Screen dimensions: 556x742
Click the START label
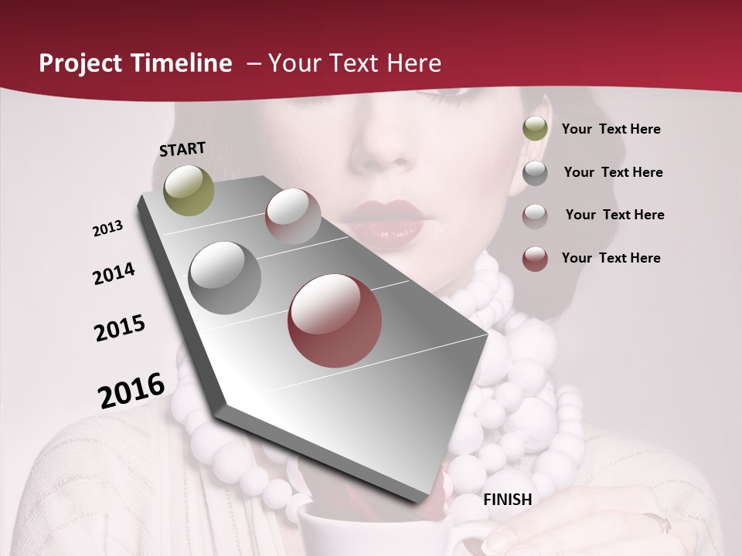click(x=182, y=149)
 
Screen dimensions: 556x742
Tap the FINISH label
click(x=507, y=500)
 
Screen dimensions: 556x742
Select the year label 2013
click(x=107, y=229)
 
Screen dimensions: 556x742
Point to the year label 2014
click(x=114, y=274)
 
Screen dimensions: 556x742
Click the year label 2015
click(x=120, y=328)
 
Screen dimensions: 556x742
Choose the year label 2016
click(x=131, y=391)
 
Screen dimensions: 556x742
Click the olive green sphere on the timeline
click(x=189, y=190)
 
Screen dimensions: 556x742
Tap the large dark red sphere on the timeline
click(x=335, y=320)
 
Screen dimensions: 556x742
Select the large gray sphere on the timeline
click(x=224, y=278)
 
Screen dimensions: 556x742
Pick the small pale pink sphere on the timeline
click(x=293, y=216)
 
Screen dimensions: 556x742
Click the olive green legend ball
click(x=535, y=129)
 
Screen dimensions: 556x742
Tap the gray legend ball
click(x=535, y=173)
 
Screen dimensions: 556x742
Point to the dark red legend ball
click(x=535, y=259)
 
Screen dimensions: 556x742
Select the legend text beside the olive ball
click(x=611, y=130)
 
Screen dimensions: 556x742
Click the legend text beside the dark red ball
click(x=611, y=258)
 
